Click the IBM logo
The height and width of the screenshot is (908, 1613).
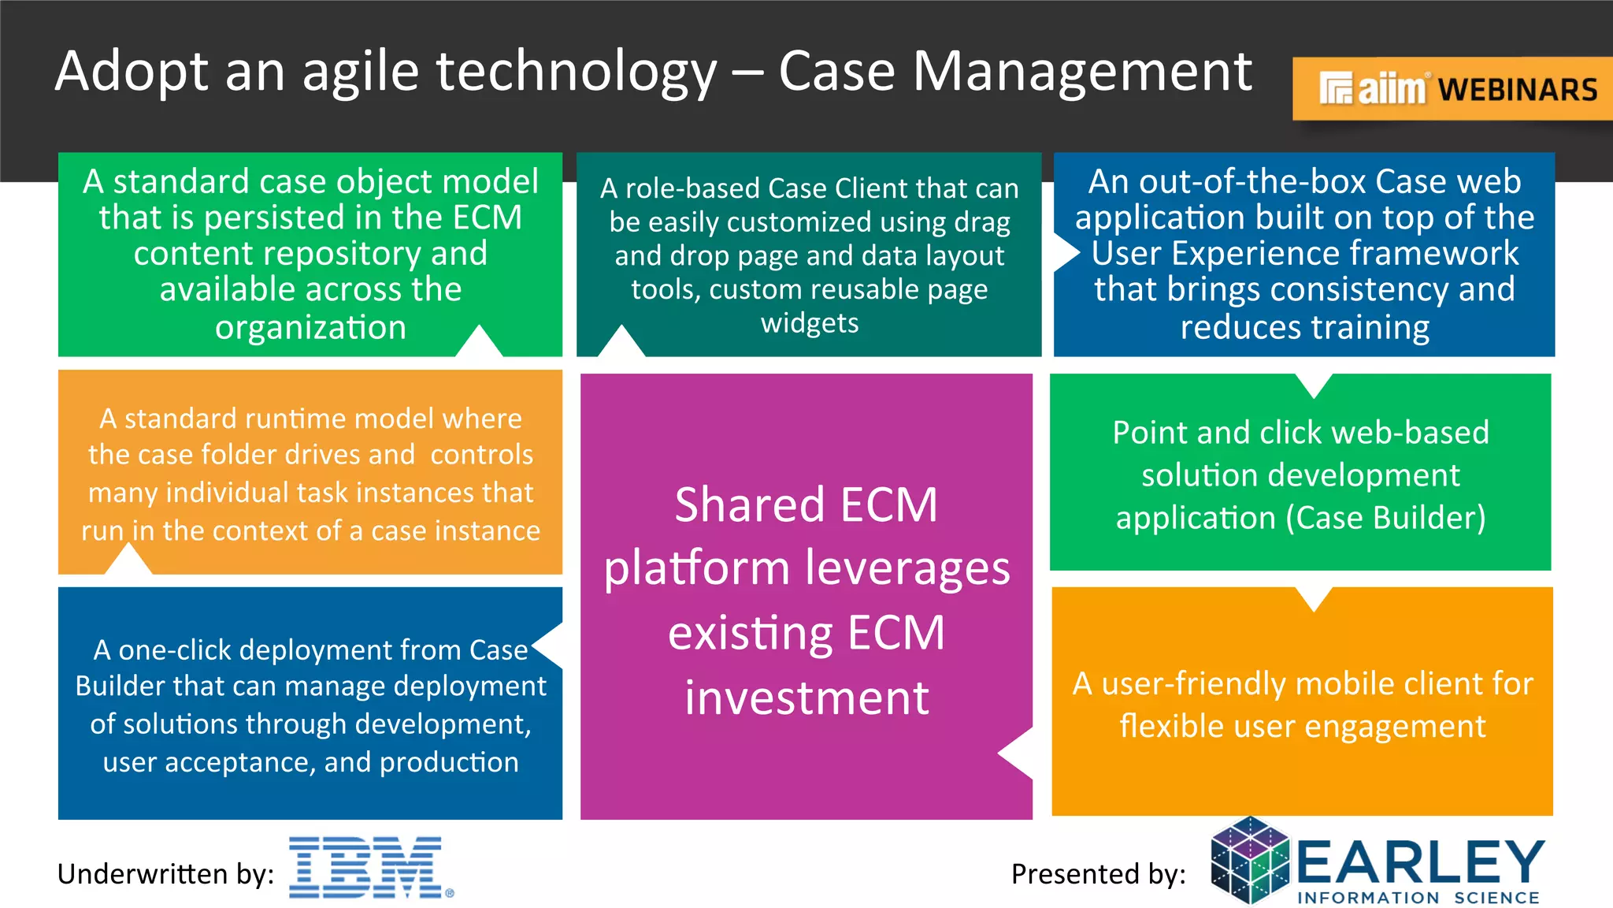tap(370, 867)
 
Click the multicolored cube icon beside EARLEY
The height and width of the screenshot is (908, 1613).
tap(1250, 861)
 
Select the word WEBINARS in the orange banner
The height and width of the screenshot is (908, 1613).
tap(1518, 90)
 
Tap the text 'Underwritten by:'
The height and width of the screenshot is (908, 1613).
tap(165, 874)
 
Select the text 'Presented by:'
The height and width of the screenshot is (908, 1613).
tap(1098, 874)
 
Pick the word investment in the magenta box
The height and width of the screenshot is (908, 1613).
tap(806, 698)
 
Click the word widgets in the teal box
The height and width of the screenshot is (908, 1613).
tap(810, 323)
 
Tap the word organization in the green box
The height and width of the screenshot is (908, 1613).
tap(310, 326)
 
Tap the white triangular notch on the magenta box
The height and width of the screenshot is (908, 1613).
tap(1017, 754)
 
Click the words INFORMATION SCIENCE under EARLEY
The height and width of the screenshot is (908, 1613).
tap(1418, 898)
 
